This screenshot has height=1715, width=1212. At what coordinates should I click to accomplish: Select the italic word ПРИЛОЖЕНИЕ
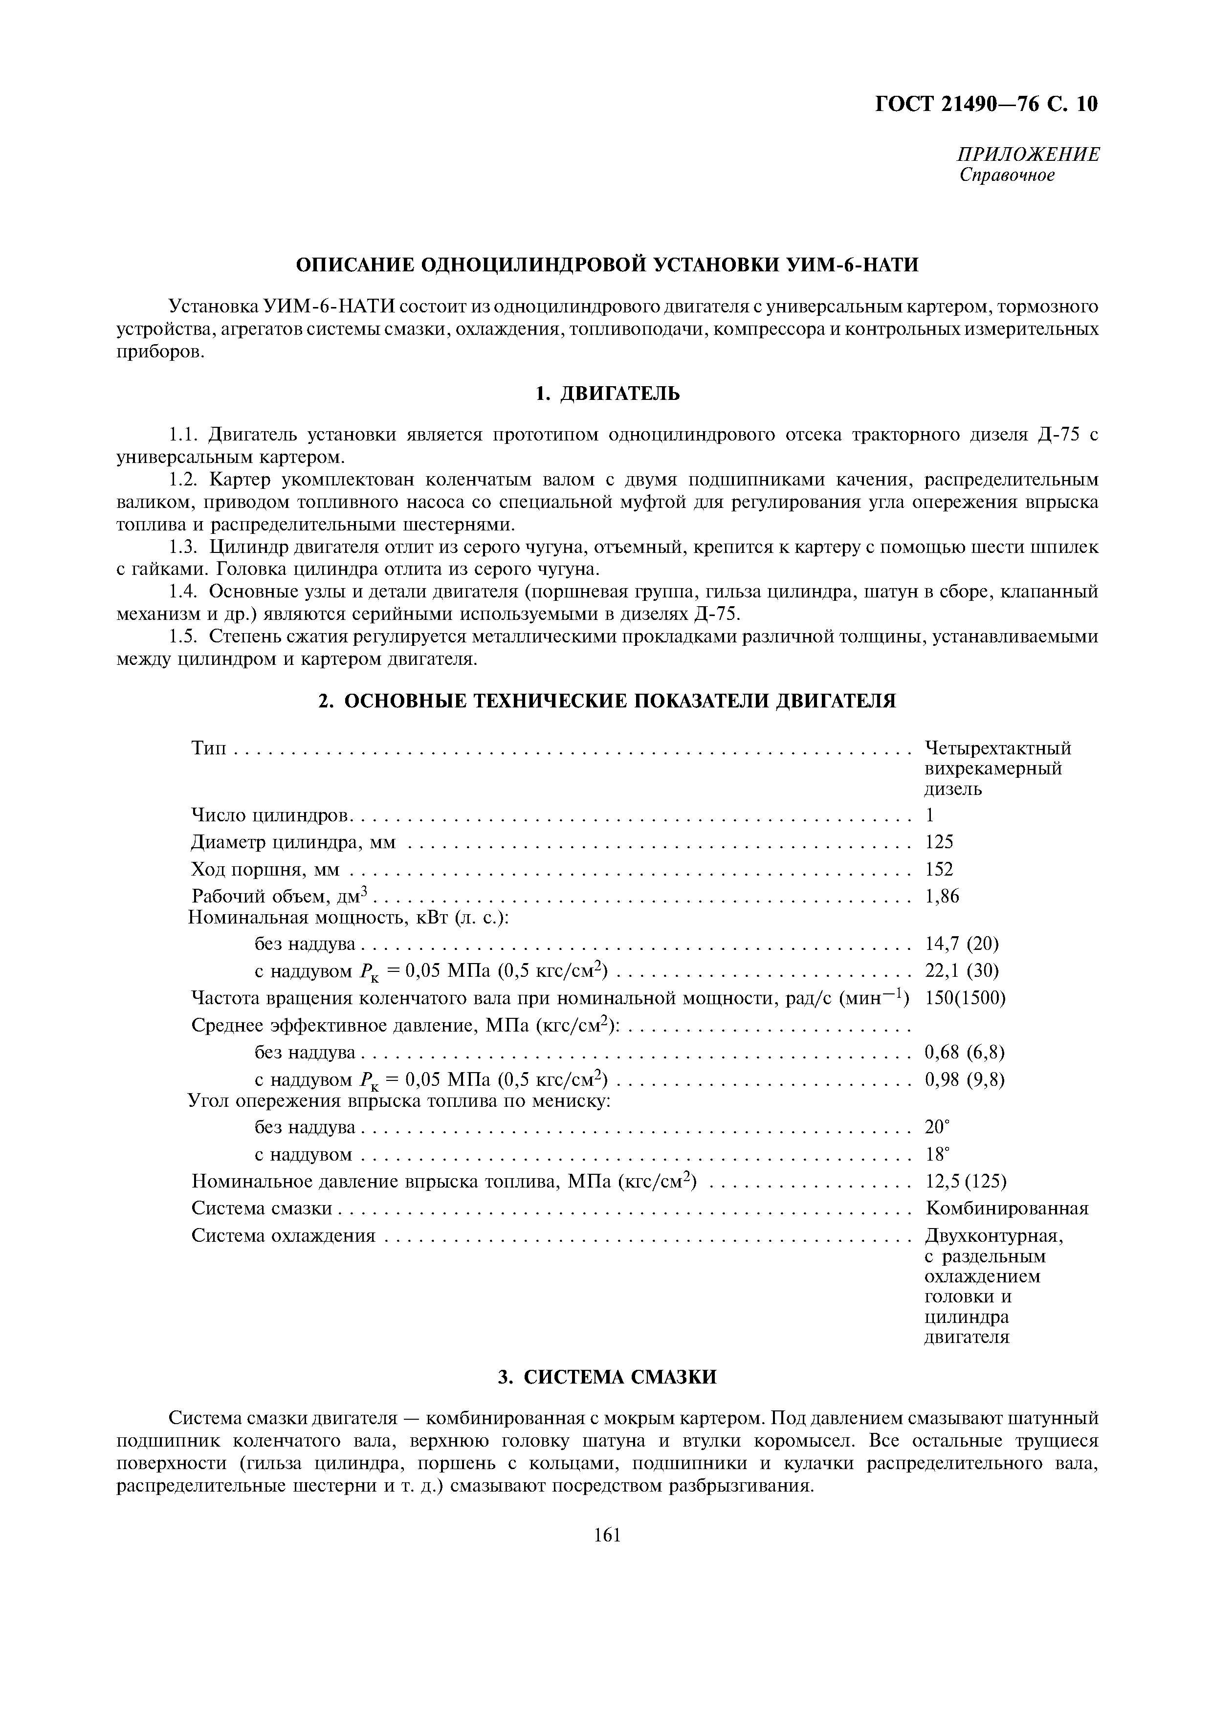coord(1028,154)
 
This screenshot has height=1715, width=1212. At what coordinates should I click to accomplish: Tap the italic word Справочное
coord(1007,176)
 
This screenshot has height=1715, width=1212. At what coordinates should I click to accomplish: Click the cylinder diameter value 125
coord(939,842)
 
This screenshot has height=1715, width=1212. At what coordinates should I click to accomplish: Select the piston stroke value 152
coord(939,869)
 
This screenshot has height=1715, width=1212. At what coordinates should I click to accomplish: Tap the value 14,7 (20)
coord(961,944)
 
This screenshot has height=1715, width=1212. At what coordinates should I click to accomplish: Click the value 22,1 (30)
coord(961,971)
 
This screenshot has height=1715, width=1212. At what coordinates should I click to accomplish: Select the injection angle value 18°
coord(936,1154)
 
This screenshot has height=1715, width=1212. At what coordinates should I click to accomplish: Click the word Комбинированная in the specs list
coord(1006,1209)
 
